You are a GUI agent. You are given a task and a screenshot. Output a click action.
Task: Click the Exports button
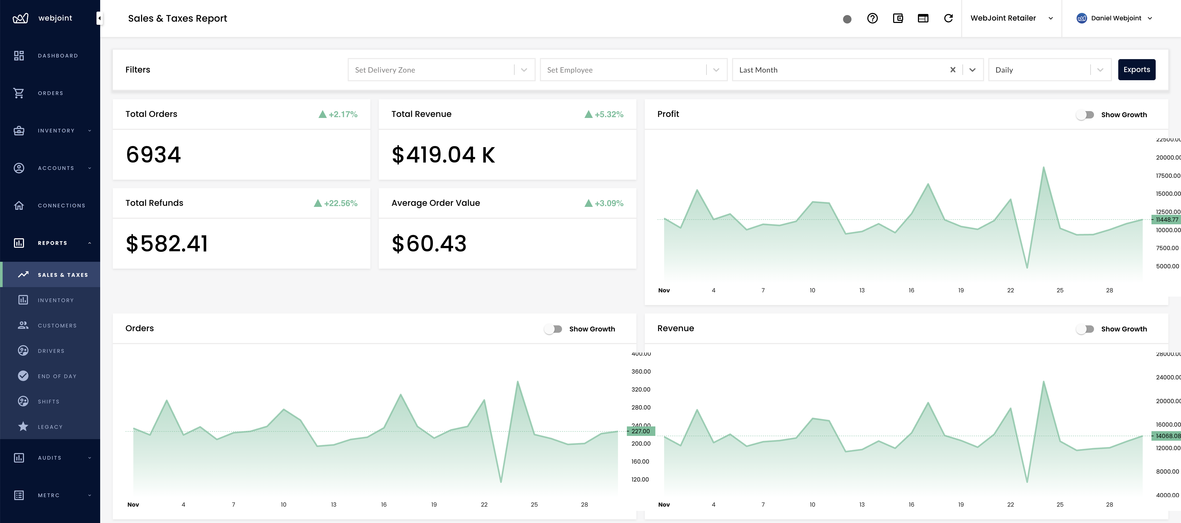click(1136, 70)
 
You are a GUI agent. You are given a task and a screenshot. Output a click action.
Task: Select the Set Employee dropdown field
click(633, 70)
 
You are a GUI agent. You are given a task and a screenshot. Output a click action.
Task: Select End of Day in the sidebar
click(57, 376)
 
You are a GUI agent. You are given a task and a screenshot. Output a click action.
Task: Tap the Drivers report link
click(51, 351)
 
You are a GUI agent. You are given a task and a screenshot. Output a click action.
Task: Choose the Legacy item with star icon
click(50, 427)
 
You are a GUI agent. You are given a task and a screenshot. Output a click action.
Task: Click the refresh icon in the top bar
click(948, 18)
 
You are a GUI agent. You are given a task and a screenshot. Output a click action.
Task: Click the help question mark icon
click(872, 18)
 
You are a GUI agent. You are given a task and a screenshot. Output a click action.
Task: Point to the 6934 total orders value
click(154, 155)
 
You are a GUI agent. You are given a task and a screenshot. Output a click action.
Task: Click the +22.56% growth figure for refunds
click(340, 203)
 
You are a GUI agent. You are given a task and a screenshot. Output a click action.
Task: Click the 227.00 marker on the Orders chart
click(641, 431)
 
